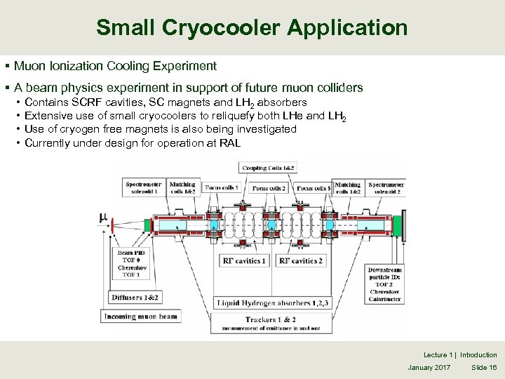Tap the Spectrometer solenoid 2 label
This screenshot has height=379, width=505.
[386, 188]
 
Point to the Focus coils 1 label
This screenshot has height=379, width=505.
[222, 188]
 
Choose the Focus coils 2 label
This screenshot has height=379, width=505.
[269, 188]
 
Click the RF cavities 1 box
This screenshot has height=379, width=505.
[244, 260]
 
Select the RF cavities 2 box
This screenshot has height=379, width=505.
[300, 260]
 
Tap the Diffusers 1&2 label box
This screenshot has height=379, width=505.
[135, 298]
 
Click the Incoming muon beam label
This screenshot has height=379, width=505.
[141, 317]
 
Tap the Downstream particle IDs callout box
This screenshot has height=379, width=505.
[385, 284]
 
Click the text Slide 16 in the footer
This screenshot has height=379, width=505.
[484, 368]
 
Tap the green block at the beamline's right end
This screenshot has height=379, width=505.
[398, 226]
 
